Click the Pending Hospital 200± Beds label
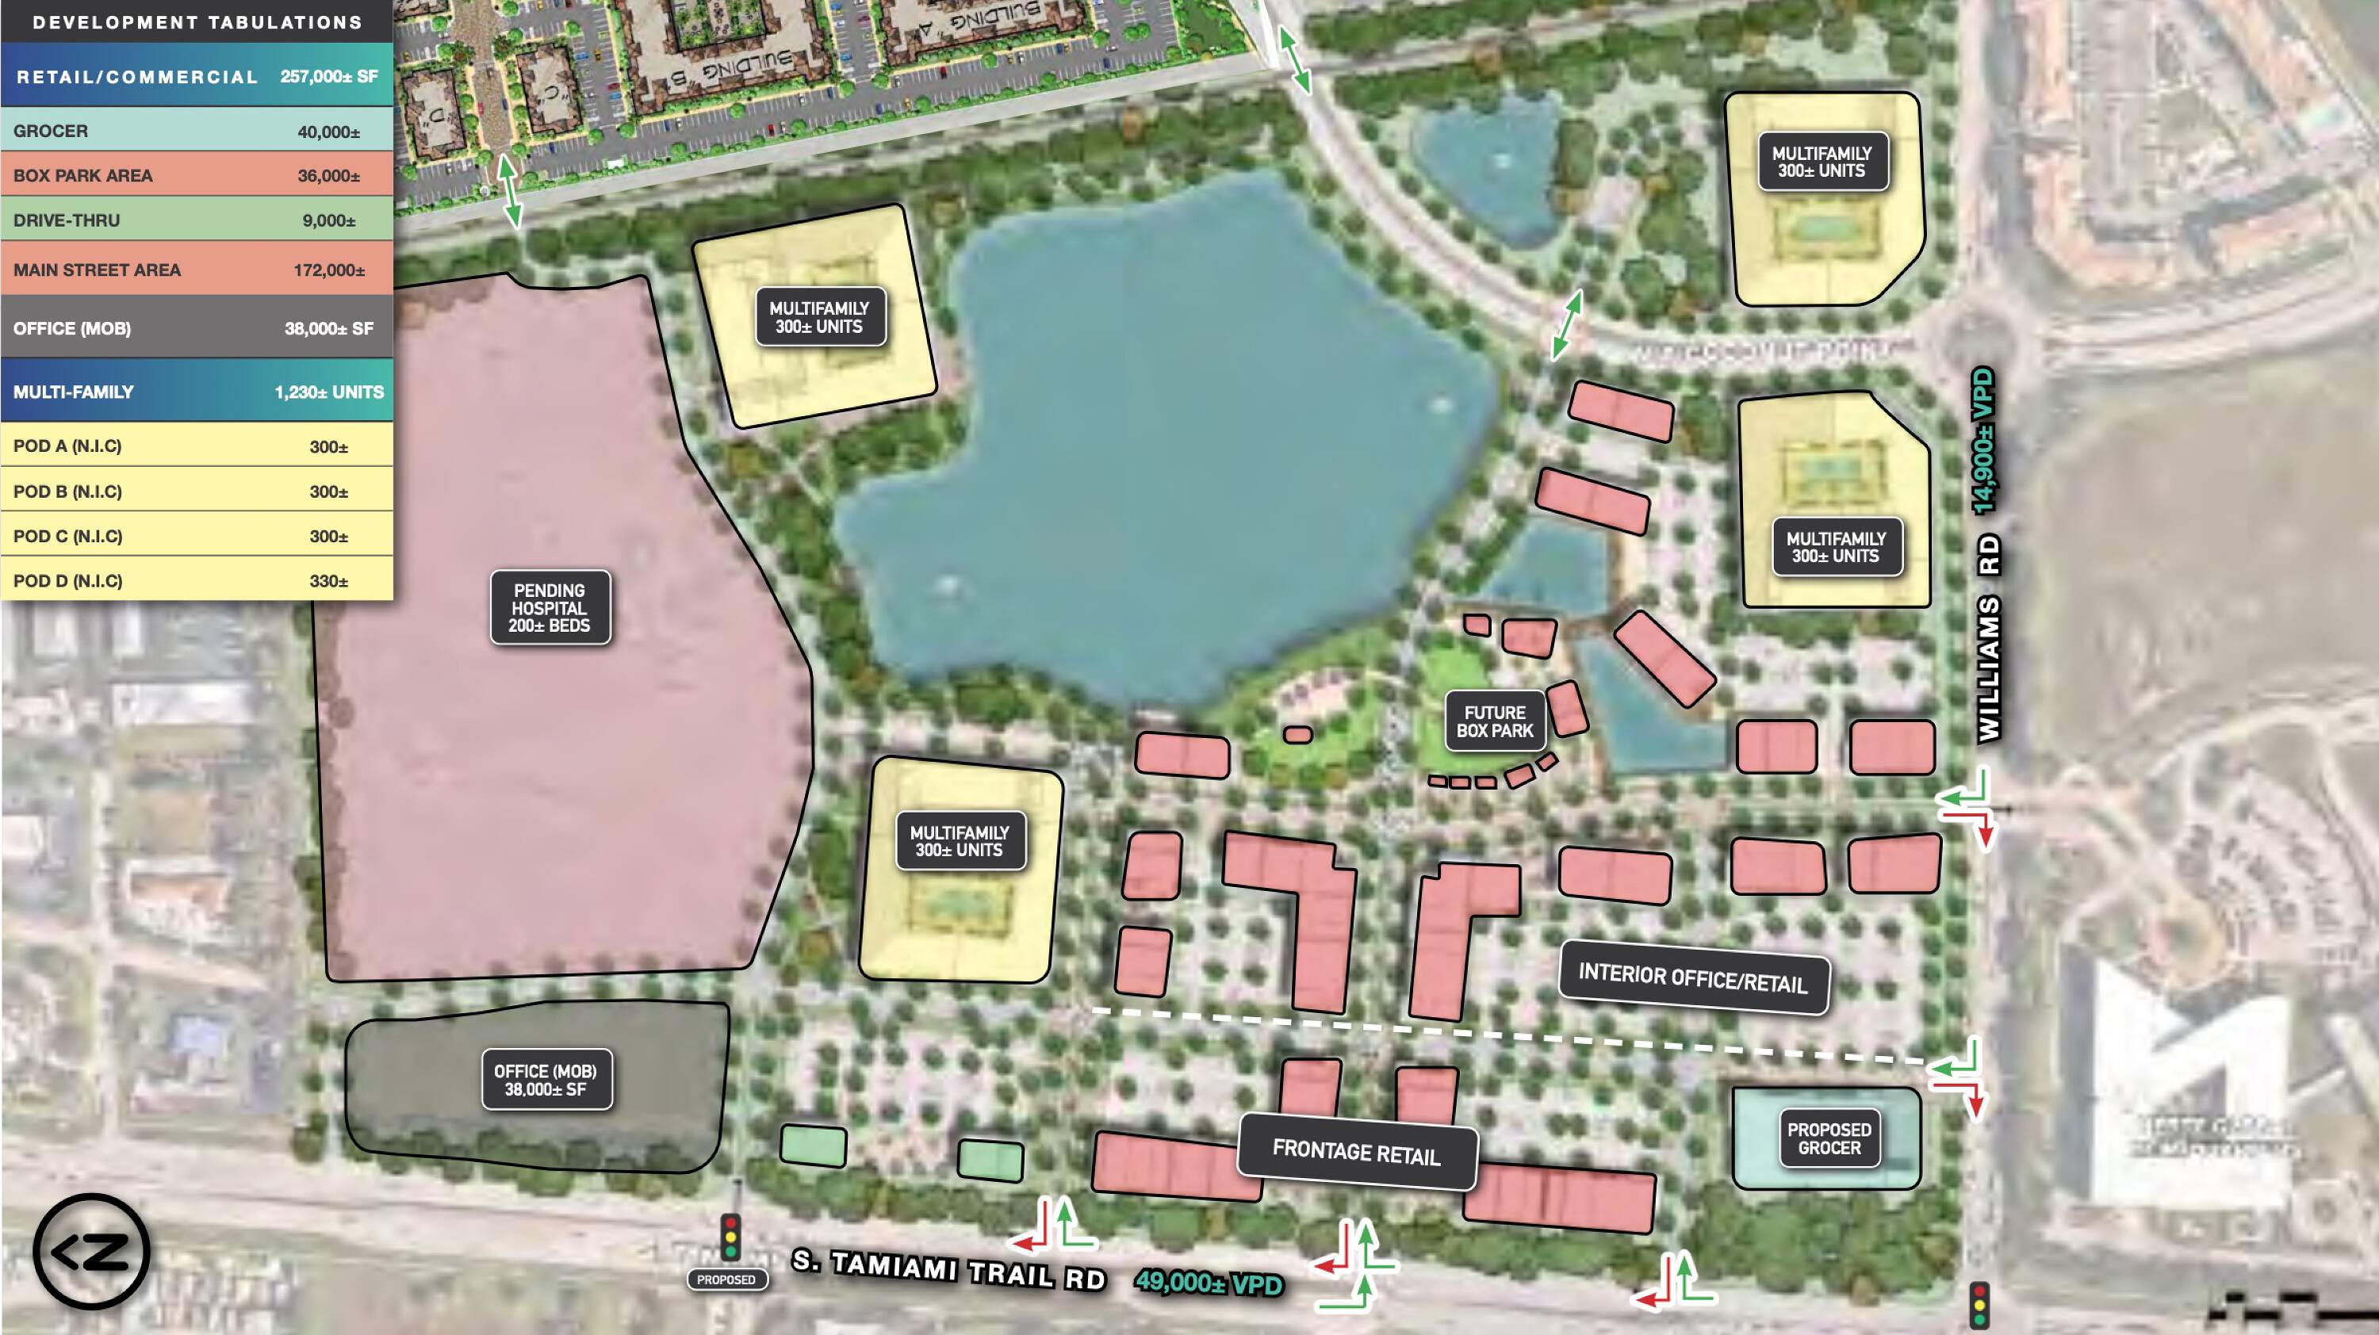(549, 608)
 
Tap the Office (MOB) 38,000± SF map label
(545, 1081)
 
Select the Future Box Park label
(1494, 722)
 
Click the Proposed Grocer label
(1829, 1138)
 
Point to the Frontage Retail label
(1356, 1152)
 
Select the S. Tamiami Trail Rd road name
(948, 1270)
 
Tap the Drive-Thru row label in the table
(67, 220)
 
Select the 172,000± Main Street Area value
(329, 270)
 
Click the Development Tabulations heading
(197, 22)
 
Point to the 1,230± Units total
(329, 392)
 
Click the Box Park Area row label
(83, 175)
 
